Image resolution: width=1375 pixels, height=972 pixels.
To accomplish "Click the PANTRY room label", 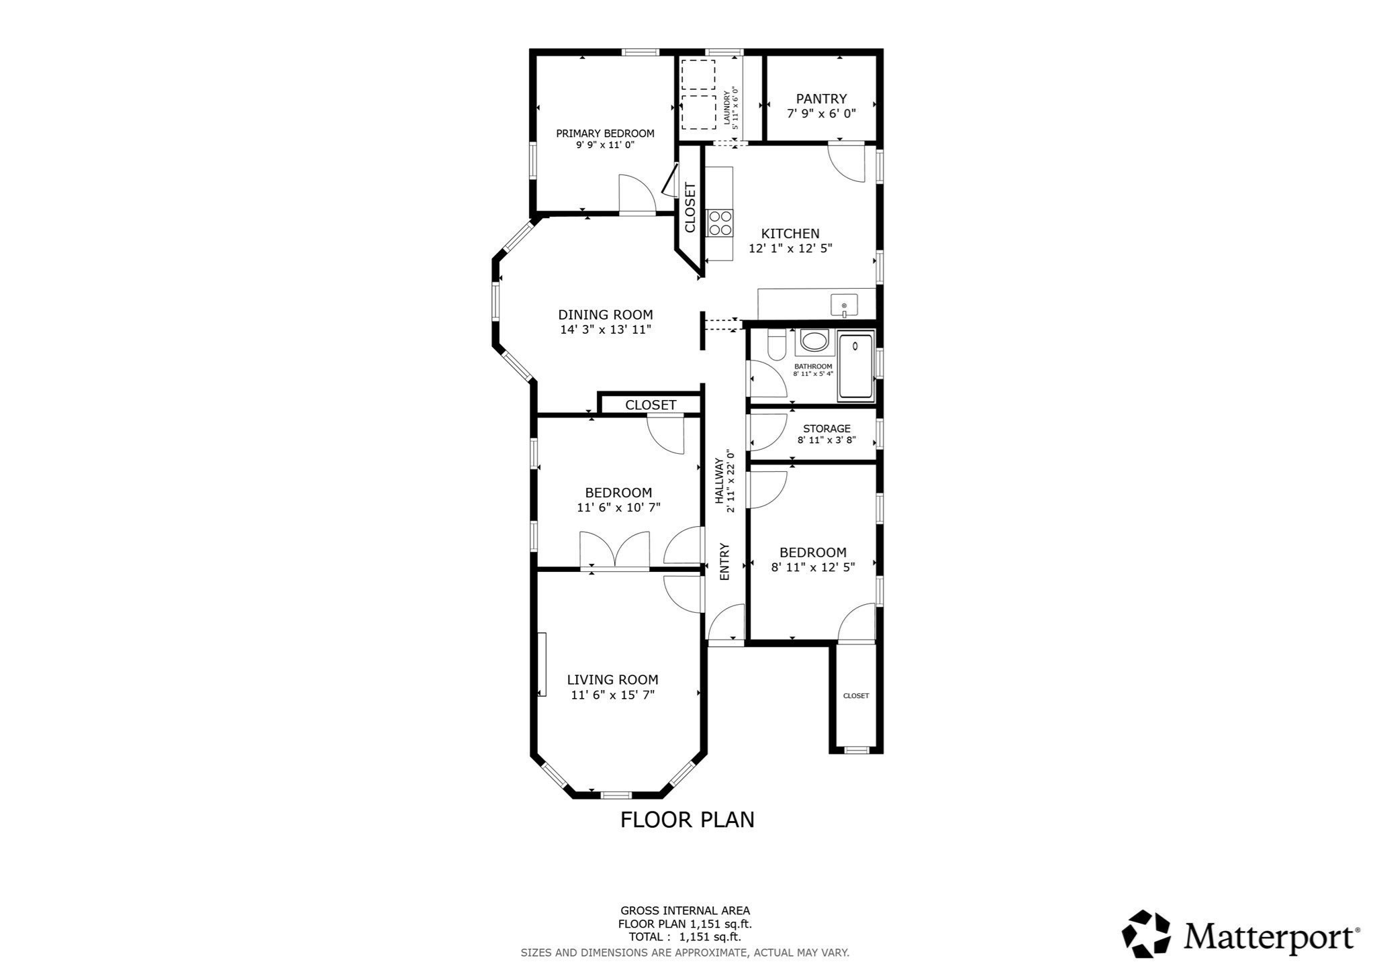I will click(x=821, y=99).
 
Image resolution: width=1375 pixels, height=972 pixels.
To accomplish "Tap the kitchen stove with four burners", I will click(x=720, y=223).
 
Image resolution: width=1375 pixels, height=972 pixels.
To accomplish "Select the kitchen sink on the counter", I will click(x=844, y=305).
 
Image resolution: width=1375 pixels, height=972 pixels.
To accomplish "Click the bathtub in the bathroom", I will click(x=855, y=367).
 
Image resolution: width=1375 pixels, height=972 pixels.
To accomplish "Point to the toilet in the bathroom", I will click(x=777, y=345).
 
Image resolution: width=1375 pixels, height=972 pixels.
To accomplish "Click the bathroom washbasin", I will click(x=814, y=342).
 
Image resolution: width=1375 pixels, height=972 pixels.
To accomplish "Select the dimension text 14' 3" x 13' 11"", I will click(x=606, y=330).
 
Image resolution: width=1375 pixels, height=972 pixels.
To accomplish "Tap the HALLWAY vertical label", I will click(x=719, y=481).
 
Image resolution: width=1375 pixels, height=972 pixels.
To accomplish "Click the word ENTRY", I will click(x=724, y=561).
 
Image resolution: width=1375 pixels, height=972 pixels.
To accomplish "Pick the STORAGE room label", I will click(x=826, y=428).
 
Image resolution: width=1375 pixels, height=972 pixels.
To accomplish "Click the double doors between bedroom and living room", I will click(x=615, y=551).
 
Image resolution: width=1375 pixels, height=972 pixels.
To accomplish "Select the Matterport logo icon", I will click(x=1146, y=934).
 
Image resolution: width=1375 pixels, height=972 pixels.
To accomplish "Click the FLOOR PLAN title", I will click(x=687, y=820).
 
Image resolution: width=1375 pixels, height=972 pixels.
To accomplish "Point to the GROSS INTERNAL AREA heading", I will click(x=685, y=911).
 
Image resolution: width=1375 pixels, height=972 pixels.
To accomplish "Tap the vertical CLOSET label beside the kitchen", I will click(x=690, y=207).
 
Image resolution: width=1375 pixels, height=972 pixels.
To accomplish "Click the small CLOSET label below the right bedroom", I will click(x=855, y=695).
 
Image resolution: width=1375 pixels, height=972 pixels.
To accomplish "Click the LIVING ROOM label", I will click(x=612, y=679).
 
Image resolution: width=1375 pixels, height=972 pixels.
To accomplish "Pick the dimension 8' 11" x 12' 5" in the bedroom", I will click(x=812, y=567).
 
